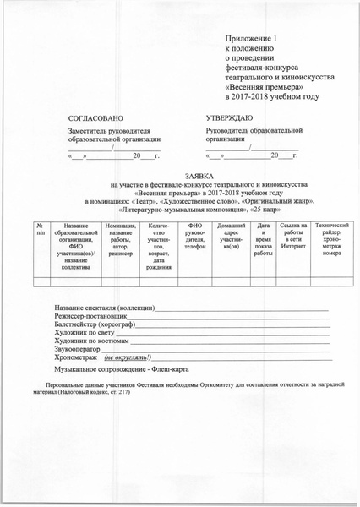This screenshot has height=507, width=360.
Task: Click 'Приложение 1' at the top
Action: point(256,40)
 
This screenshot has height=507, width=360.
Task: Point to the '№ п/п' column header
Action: point(40,231)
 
